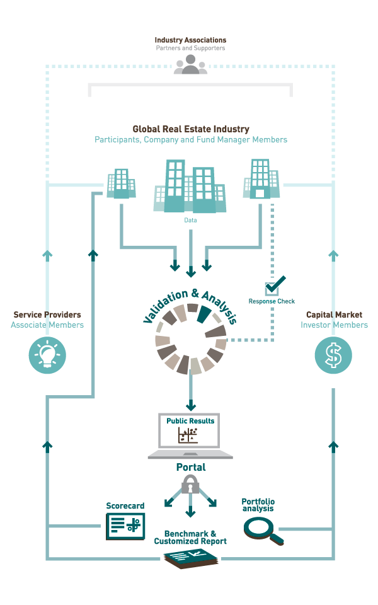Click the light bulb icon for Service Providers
(47, 355)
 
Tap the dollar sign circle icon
(333, 355)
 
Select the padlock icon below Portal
(190, 484)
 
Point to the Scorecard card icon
(125, 526)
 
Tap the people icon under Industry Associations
(190, 65)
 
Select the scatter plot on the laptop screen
(188, 435)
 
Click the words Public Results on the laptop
(190, 420)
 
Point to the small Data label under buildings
(190, 221)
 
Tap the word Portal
(190, 468)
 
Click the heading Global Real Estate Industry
(191, 129)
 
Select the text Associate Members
(47, 325)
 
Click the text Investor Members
(334, 325)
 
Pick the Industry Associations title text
(190, 40)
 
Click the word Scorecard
(125, 506)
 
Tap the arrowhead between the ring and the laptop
(190, 406)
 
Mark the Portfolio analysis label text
(258, 505)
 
